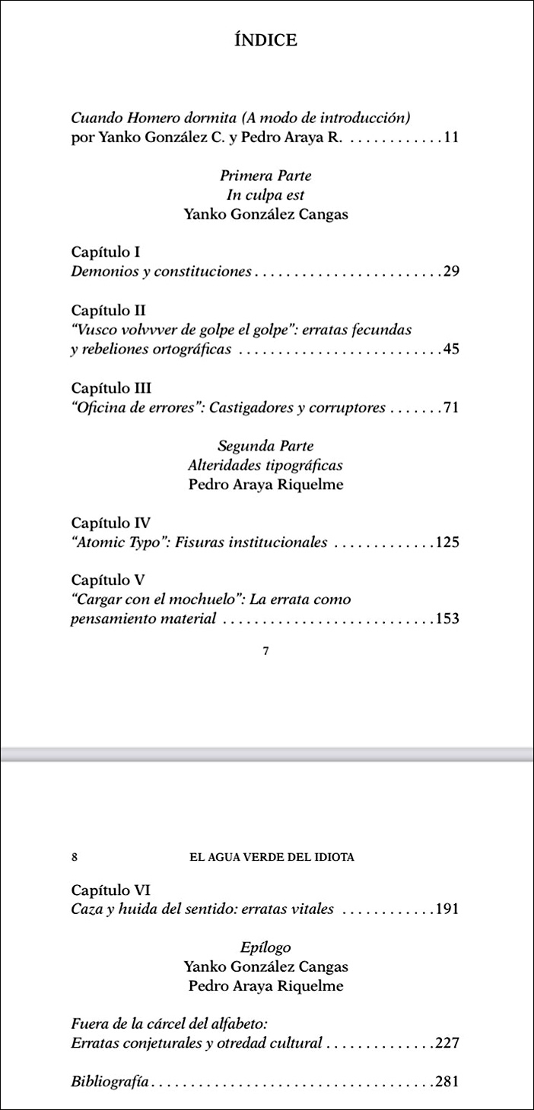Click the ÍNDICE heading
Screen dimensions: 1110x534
point(266,41)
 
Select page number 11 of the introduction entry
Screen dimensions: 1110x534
point(451,138)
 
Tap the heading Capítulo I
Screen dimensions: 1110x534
point(105,251)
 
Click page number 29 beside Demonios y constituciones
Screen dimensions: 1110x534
point(451,271)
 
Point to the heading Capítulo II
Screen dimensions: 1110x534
point(108,311)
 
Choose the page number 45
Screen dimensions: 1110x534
point(451,349)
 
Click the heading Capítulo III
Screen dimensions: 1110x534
point(111,388)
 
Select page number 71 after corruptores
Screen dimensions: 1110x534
point(451,408)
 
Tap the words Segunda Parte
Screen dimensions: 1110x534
point(265,446)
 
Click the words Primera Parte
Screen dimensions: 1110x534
point(265,176)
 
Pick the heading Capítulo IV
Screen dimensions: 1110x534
point(110,523)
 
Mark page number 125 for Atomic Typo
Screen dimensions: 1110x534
point(447,542)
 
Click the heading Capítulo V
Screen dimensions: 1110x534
point(107,580)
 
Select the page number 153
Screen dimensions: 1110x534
point(447,618)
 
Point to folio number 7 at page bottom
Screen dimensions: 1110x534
point(265,651)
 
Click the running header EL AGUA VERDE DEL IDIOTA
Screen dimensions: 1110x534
point(272,857)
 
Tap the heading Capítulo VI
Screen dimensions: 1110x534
point(110,889)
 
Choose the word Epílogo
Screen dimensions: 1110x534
point(265,947)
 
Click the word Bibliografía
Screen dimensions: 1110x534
point(109,1081)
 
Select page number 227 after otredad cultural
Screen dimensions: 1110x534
point(447,1043)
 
